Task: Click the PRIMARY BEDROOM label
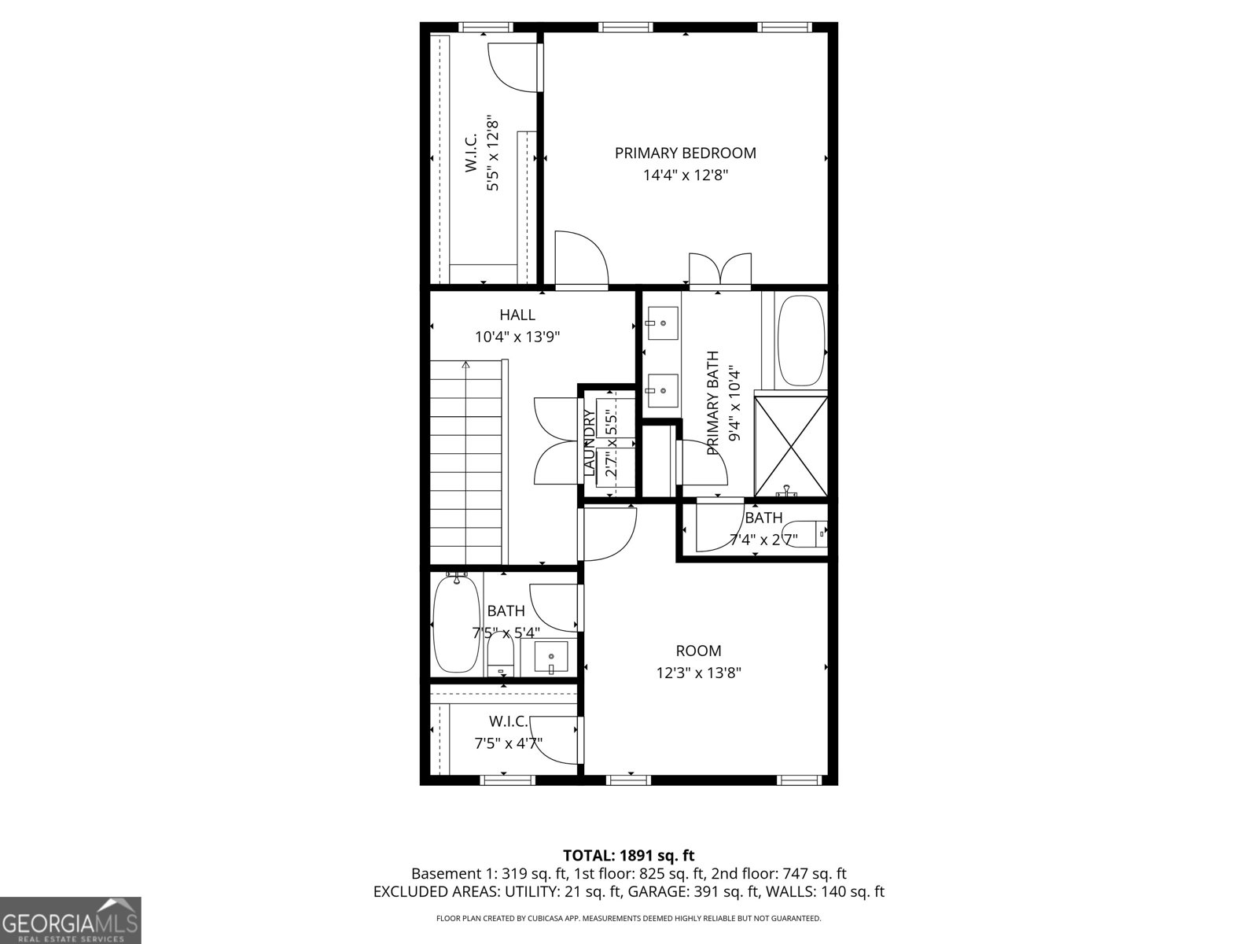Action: pyautogui.click(x=685, y=153)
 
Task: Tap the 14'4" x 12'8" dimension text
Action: pyautogui.click(x=685, y=175)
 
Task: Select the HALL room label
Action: pyautogui.click(x=517, y=315)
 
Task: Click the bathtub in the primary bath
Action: pyautogui.click(x=801, y=340)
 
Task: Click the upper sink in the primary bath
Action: pyautogui.click(x=662, y=323)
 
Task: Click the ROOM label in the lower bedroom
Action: pyautogui.click(x=698, y=651)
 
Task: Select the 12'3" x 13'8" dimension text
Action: pyautogui.click(x=698, y=673)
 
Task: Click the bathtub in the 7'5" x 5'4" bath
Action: pyautogui.click(x=456, y=625)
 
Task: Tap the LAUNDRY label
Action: pyautogui.click(x=589, y=443)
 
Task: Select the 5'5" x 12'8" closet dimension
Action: pyautogui.click(x=493, y=154)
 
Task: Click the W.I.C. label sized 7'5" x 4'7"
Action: pyautogui.click(x=508, y=721)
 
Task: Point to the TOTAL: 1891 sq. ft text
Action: pyautogui.click(x=628, y=855)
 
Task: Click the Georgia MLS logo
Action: pyautogui.click(x=70, y=920)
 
